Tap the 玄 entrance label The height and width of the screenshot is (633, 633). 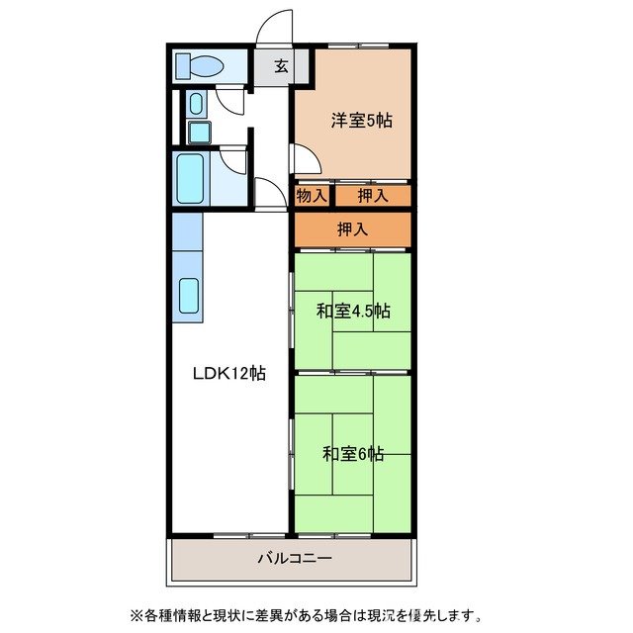[280, 67]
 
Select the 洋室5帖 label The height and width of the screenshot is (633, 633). [360, 121]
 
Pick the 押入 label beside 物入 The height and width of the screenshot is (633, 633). [373, 196]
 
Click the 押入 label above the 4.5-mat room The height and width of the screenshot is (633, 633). [352, 229]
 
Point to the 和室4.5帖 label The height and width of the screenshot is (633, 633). [353, 311]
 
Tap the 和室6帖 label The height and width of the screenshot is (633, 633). [353, 454]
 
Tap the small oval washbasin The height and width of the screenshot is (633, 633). [194, 104]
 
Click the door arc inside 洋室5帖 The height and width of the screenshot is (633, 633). [304, 157]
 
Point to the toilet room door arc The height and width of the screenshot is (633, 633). [230, 99]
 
